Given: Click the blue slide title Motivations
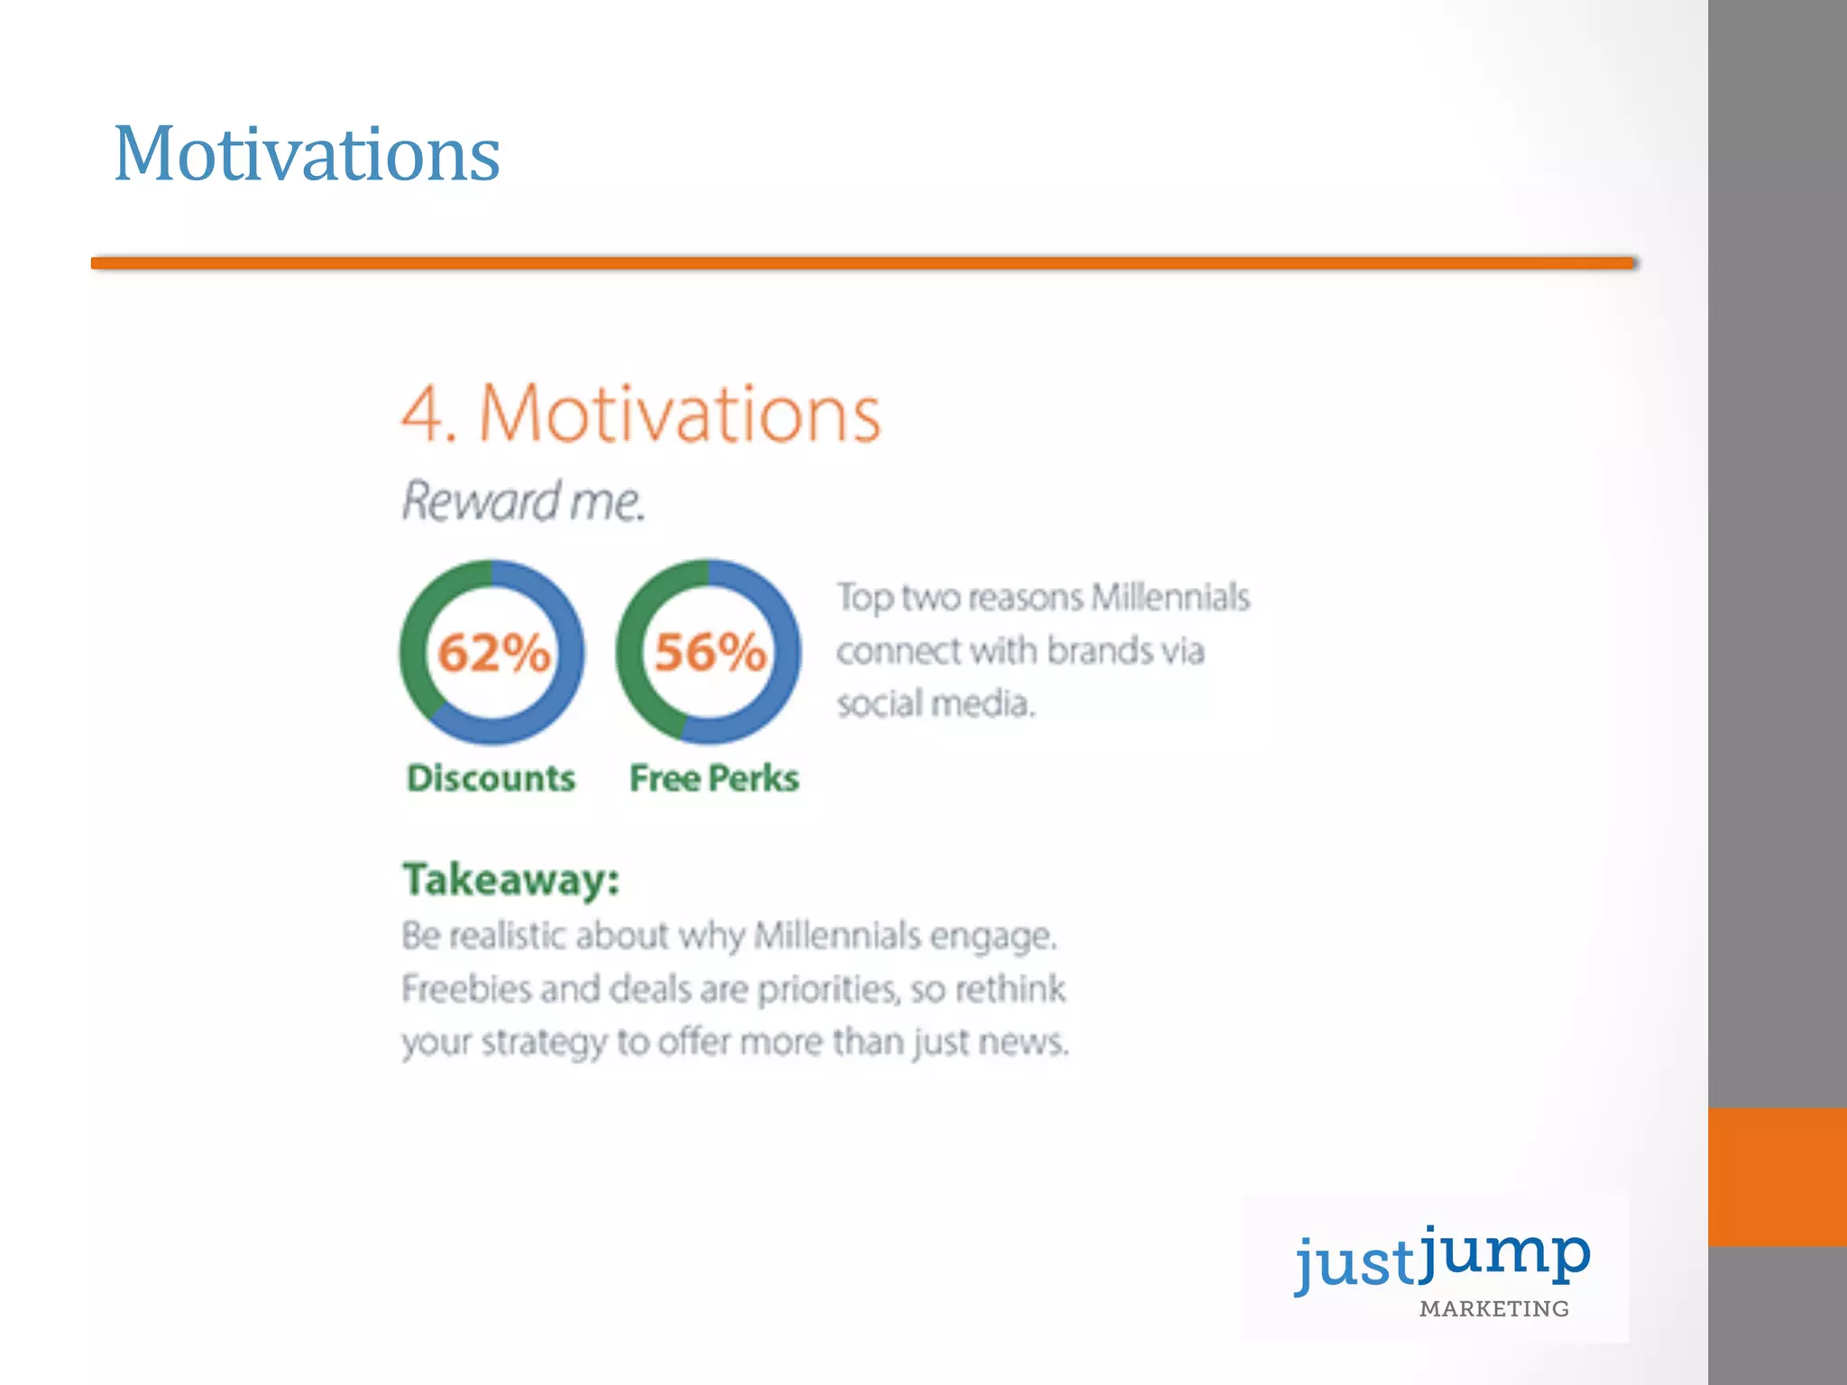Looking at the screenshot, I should (x=307, y=155).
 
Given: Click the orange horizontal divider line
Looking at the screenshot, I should (x=863, y=263).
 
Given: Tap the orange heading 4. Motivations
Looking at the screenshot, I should (x=640, y=414).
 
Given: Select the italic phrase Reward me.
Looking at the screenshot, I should (x=523, y=501).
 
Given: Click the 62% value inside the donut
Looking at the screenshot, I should (x=492, y=653).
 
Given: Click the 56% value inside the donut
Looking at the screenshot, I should (x=710, y=653).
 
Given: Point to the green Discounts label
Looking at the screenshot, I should (x=491, y=778).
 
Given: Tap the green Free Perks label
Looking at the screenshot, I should (x=713, y=778).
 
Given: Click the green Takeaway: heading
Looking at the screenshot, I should (x=510, y=879).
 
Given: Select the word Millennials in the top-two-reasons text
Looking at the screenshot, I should (x=1170, y=598).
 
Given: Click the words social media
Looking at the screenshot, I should (x=934, y=703).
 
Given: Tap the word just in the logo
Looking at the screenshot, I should (x=1355, y=1264).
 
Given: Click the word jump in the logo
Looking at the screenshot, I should (x=1504, y=1253).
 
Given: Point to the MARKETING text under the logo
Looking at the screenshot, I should (x=1493, y=1309).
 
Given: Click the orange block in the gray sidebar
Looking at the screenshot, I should (x=1777, y=1177).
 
